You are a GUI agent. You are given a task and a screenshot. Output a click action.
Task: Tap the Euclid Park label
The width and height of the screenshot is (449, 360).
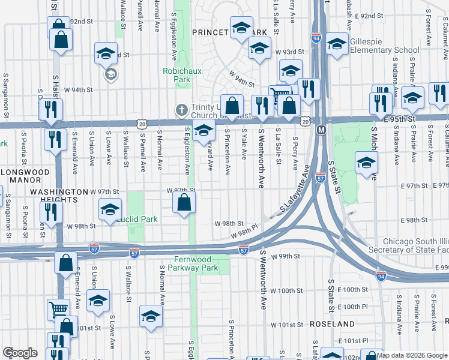pyautogui.click(x=137, y=219)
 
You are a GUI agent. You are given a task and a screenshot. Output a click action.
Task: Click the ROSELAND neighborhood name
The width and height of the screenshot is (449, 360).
pyautogui.click(x=333, y=323)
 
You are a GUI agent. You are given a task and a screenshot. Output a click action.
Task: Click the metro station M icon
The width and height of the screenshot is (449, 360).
pyautogui.click(x=321, y=130)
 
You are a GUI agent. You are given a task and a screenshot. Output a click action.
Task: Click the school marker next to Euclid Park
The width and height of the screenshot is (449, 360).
pyautogui.click(x=110, y=210)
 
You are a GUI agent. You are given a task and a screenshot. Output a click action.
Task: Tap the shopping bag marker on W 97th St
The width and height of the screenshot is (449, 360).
pyautogui.click(x=184, y=202)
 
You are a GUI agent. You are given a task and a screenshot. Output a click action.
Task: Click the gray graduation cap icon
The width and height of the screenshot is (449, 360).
pyautogui.click(x=110, y=74)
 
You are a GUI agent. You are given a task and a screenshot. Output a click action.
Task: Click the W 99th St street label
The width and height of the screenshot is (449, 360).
pyautogui.click(x=285, y=256)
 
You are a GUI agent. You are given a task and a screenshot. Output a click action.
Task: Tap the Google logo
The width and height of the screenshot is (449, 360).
pyautogui.click(x=20, y=353)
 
